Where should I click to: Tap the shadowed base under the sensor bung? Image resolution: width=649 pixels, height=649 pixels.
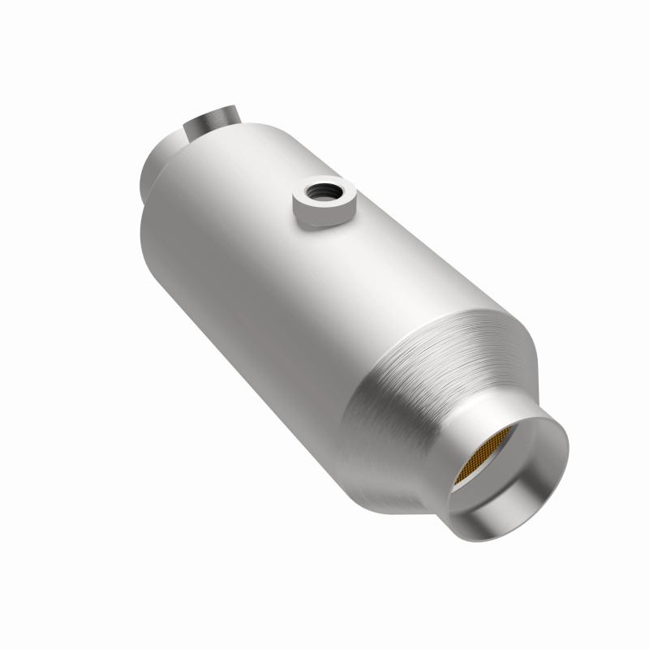point(324,224)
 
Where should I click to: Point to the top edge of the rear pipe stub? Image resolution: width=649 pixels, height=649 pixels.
point(213,105)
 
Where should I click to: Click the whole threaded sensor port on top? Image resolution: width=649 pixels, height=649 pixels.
point(324,203)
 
